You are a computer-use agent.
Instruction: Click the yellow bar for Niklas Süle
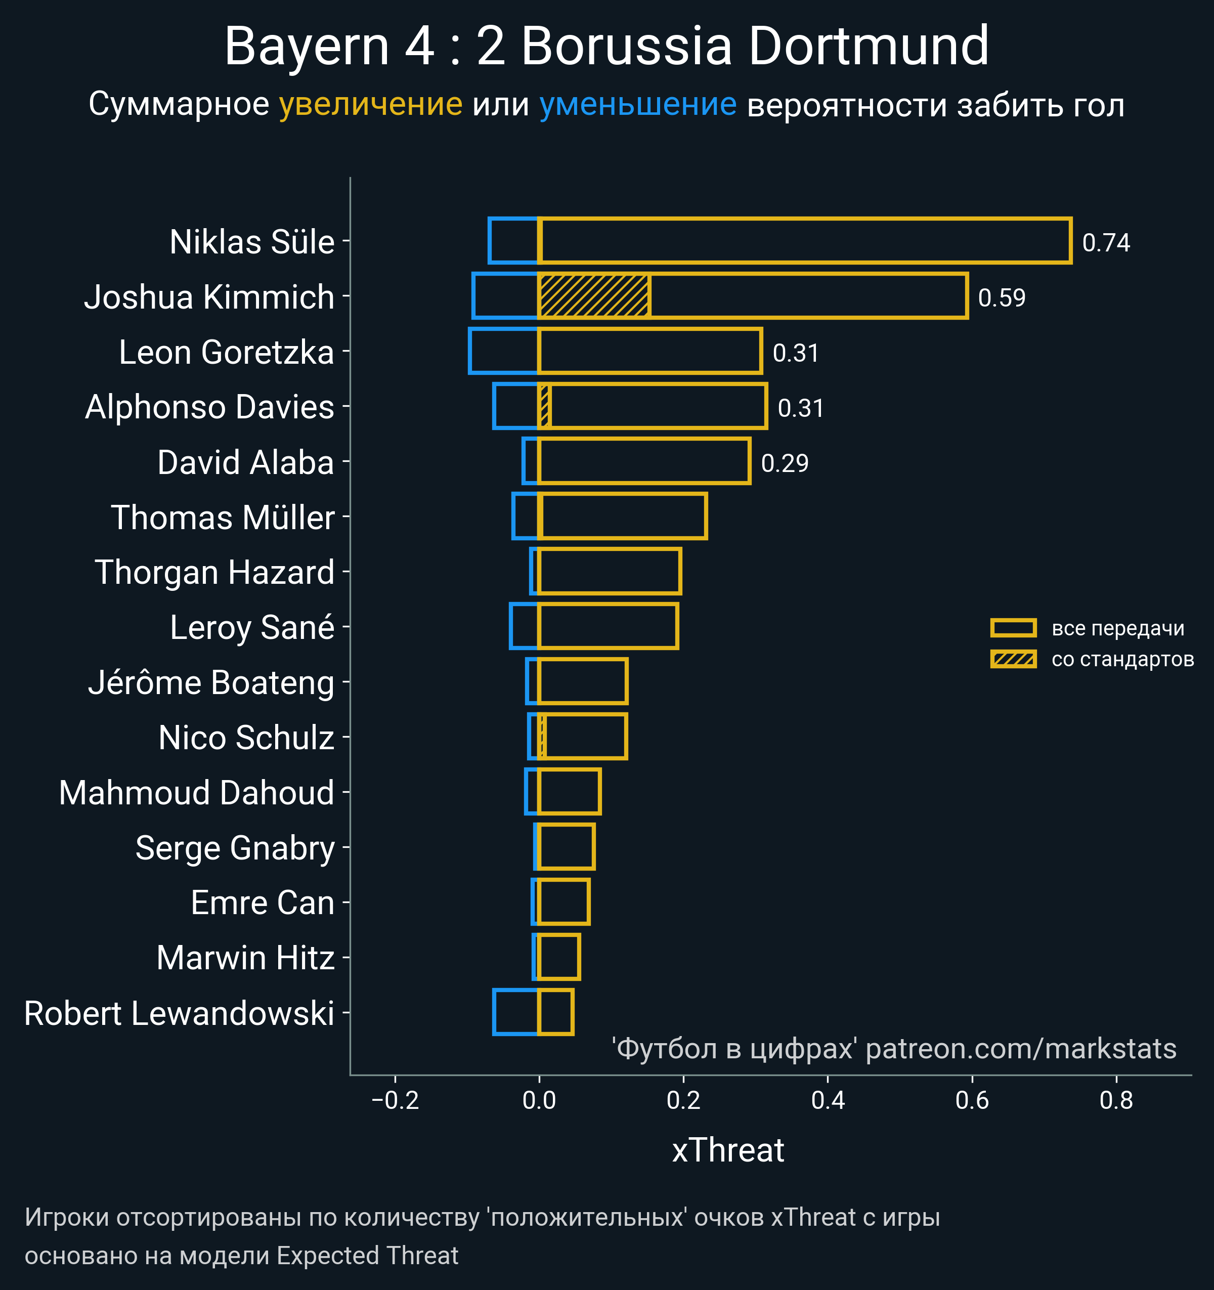(805, 241)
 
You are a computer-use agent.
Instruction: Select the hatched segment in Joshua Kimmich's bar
(594, 296)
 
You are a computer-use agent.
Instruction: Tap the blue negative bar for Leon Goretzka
(503, 351)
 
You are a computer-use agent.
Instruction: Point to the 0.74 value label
(1106, 243)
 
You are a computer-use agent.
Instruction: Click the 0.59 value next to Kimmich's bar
(1001, 298)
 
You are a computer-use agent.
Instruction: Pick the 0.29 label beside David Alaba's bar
(785, 463)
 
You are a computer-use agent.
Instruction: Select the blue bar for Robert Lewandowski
(516, 1012)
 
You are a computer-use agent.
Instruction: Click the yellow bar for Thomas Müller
(623, 516)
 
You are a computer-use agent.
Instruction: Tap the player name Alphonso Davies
(209, 407)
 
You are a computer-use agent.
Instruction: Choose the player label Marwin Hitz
(245, 958)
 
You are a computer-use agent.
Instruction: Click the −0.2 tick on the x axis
(395, 1100)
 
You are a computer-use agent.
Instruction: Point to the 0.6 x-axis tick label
(972, 1100)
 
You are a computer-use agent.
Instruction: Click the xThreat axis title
(728, 1150)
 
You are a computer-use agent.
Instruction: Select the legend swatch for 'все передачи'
(1013, 627)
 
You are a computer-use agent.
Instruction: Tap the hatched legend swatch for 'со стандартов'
(1013, 659)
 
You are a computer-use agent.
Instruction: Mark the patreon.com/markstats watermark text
(1021, 1049)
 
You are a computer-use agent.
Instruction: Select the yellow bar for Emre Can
(563, 902)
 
